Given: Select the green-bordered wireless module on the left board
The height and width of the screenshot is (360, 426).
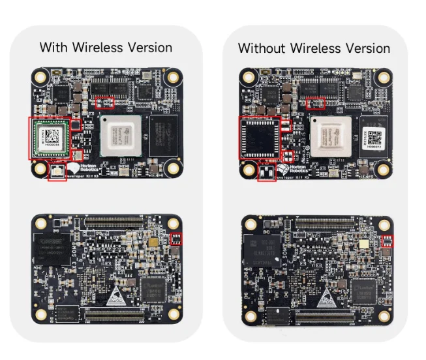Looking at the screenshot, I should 48,138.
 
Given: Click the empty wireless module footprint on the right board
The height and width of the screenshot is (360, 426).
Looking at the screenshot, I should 259,138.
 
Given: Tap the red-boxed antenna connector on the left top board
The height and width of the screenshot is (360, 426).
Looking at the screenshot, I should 57,173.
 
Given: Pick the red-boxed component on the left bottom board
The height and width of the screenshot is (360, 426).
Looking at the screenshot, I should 175,239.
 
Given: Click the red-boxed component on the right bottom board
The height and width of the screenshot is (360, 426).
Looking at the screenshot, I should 386,241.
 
